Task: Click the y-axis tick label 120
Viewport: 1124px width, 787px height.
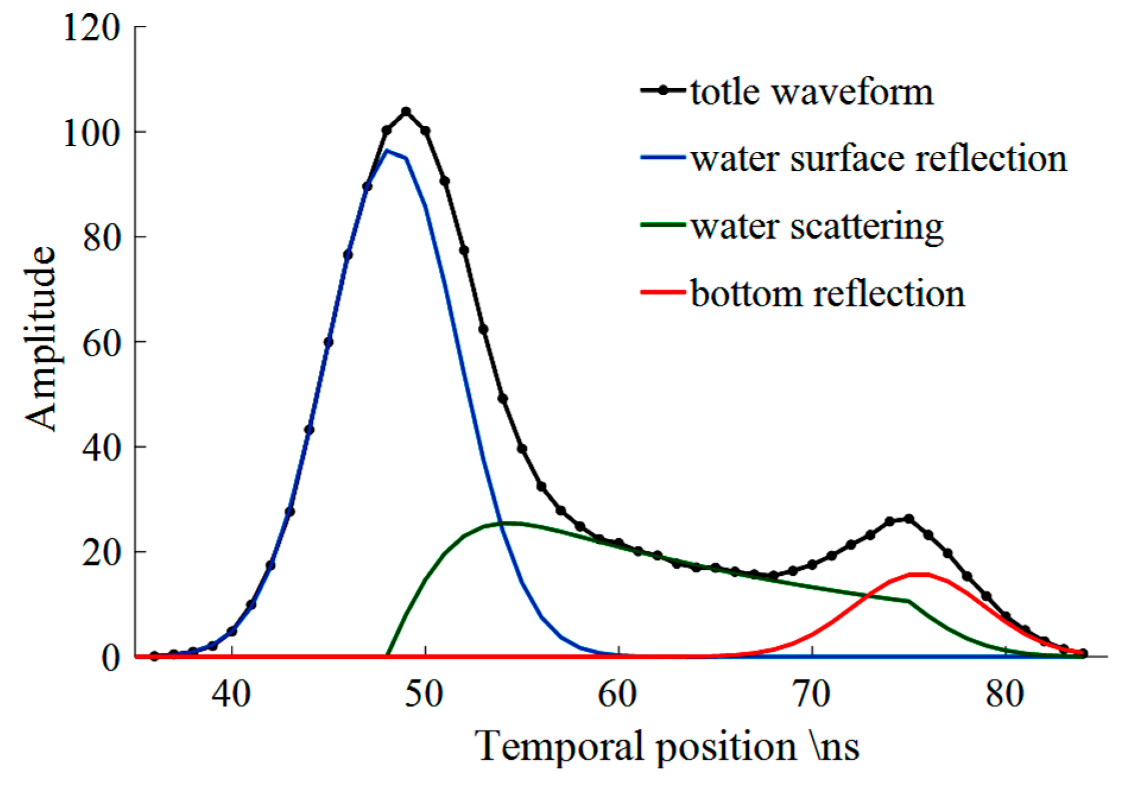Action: (x=91, y=28)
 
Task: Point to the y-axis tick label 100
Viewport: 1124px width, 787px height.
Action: (x=91, y=133)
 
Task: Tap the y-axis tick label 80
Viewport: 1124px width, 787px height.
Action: (x=101, y=237)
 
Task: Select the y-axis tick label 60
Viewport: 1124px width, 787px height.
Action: (x=101, y=342)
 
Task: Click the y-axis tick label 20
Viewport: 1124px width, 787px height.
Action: (x=101, y=553)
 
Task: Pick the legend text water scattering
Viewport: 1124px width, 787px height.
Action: (x=817, y=227)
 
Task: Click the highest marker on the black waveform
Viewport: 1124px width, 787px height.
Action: (x=406, y=112)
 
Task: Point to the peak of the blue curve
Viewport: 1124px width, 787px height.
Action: (x=387, y=151)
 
